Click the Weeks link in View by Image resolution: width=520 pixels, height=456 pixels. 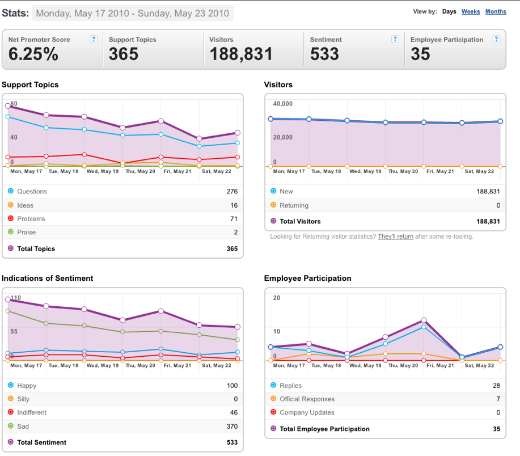tap(471, 11)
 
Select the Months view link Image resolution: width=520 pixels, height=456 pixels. tap(496, 11)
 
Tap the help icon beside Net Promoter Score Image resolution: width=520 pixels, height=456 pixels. tap(94, 39)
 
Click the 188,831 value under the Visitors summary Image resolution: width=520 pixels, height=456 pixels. tap(241, 54)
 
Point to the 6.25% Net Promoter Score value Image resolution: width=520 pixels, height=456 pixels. tap(33, 54)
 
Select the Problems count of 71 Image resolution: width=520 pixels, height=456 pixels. tap(234, 219)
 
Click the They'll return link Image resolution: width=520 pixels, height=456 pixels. tap(396, 237)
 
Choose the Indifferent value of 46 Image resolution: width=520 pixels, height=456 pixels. tap(234, 412)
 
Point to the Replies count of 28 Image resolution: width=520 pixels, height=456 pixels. tap(496, 386)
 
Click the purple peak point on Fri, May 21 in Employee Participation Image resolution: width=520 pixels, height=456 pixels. tap(424, 320)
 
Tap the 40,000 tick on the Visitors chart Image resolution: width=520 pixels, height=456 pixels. tap(283, 104)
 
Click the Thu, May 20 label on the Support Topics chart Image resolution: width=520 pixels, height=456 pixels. tap(140, 171)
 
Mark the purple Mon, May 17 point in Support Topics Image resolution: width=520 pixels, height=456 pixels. tap(7, 106)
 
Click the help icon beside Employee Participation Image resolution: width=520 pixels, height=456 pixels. tap(496, 39)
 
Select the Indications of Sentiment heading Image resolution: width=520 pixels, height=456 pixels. tap(48, 278)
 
